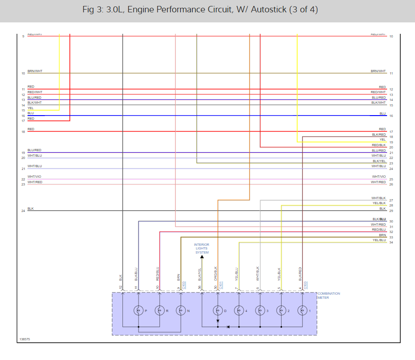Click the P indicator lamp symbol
pos(138,311)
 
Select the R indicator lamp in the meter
pos(160,311)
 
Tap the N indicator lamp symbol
pos(181,311)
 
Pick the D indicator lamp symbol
pos(218,311)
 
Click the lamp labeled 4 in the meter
pos(239,311)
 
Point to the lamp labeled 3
pos(260,311)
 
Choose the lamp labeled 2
pos(281,311)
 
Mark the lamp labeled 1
pos(302,311)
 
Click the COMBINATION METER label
pos(329,296)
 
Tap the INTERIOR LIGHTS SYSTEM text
pos(202,249)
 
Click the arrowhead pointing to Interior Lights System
pos(202,257)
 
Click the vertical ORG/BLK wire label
pos(215,274)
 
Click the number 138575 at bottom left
pos(25,339)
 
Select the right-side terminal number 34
pos(391,243)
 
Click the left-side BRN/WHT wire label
pos(35,71)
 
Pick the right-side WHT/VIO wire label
pos(378,177)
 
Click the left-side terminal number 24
pos(23,211)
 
